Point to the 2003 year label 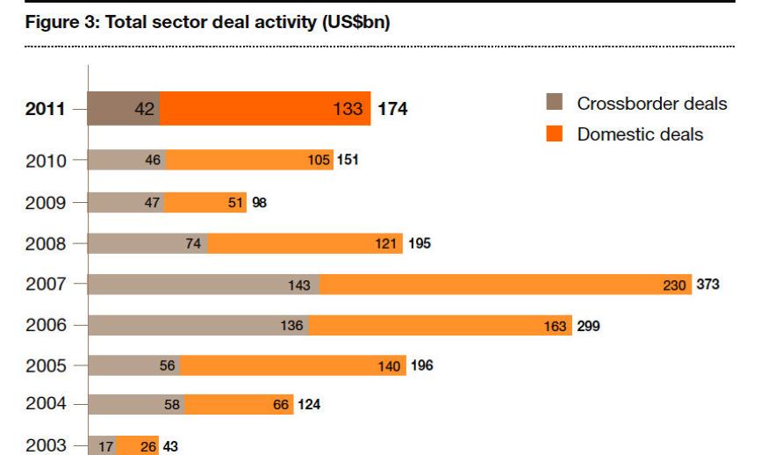point(45,445)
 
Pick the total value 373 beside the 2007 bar point(707,285)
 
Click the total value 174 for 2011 point(392,110)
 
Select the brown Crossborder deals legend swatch point(554,105)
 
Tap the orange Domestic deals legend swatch point(554,134)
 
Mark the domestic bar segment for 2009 point(205,203)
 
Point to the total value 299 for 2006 point(588,326)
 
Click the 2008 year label point(45,244)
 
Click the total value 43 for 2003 point(170,446)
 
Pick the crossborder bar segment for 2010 point(127,161)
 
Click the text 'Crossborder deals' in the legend point(651,105)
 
